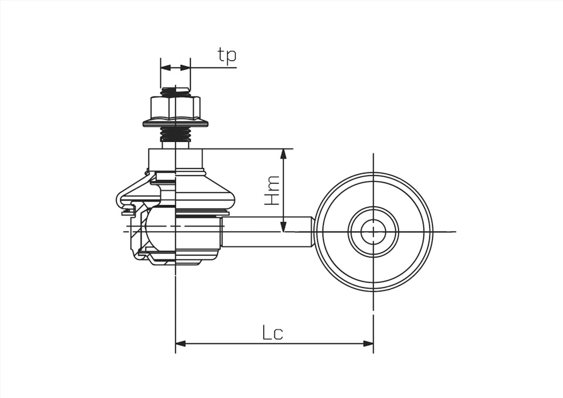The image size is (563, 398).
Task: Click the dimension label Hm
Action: pyautogui.click(x=272, y=191)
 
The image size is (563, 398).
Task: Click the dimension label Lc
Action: pyautogui.click(x=273, y=333)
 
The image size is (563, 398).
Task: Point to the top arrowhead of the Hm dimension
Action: pyautogui.click(x=284, y=154)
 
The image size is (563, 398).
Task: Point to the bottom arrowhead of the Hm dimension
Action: pyautogui.click(x=284, y=227)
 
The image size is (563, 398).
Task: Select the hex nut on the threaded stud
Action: pyautogui.click(x=175, y=107)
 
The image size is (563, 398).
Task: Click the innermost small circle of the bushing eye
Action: pyautogui.click(x=373, y=232)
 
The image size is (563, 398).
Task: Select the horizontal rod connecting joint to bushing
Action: pyautogui.click(x=267, y=232)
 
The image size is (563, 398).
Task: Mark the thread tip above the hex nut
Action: pyautogui.click(x=175, y=91)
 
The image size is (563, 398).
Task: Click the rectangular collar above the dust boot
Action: pyautogui.click(x=176, y=159)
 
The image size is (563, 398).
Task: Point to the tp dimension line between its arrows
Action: pyautogui.click(x=175, y=67)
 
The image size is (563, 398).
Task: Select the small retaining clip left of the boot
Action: pyautogui.click(x=127, y=210)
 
